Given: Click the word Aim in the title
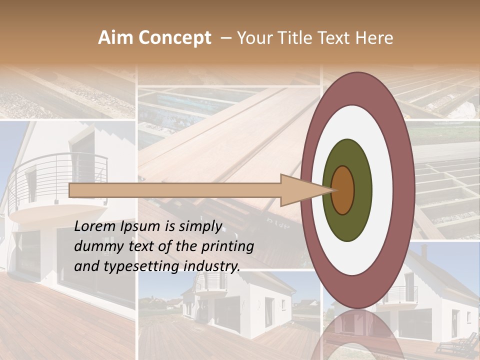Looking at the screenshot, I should [116, 38].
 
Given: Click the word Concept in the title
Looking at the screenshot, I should [175, 38].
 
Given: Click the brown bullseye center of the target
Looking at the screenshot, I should [342, 190].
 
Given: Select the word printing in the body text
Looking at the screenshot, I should [228, 246].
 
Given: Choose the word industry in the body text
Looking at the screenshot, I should [212, 266].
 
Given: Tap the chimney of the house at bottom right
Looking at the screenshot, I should [424, 250].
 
